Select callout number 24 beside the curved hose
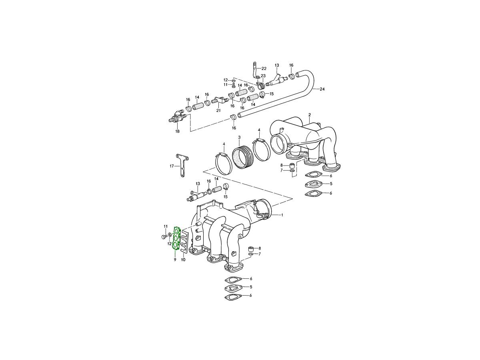tap(322, 89)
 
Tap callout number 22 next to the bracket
tap(264, 69)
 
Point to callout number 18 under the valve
tap(177, 131)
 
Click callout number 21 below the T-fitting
tap(218, 111)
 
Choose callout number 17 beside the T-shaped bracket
tap(172, 166)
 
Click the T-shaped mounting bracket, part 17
tap(182, 164)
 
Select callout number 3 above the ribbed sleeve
tap(239, 137)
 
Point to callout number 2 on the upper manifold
tap(310, 115)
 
